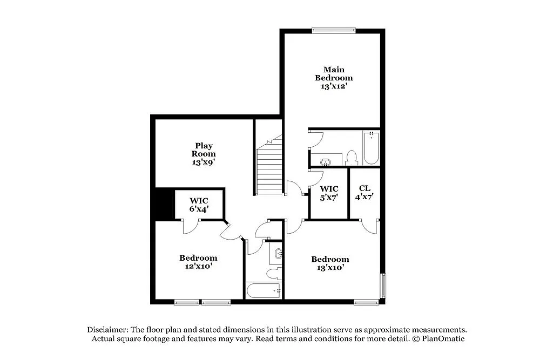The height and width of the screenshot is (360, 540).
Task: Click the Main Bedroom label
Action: tap(334, 73)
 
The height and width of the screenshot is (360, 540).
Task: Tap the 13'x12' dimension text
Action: tap(334, 86)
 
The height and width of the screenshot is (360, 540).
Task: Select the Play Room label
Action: tap(204, 150)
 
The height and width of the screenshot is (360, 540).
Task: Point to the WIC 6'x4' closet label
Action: tap(199, 204)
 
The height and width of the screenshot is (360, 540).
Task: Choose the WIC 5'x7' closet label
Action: tap(329, 193)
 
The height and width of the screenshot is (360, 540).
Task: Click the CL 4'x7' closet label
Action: tap(364, 192)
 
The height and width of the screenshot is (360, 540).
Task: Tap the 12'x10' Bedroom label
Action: tap(198, 262)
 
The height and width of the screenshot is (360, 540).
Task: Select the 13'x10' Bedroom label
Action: tap(330, 263)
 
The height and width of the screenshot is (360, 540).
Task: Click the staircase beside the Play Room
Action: tap(269, 167)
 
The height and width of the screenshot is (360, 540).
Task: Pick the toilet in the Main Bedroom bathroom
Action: tap(352, 158)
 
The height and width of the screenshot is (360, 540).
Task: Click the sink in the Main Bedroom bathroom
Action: tap(326, 161)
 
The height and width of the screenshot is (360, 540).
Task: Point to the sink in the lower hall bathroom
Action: tap(278, 253)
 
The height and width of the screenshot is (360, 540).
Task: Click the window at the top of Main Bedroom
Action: tap(334, 30)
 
